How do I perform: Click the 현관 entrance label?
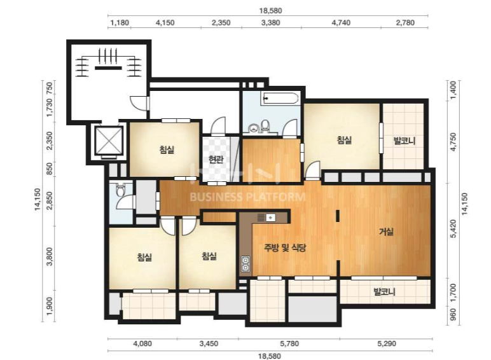click(x=216, y=160)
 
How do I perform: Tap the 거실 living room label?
click(x=386, y=232)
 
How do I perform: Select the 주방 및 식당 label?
click(x=285, y=248)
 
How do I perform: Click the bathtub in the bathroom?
click(x=280, y=99)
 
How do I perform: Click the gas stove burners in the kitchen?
click(x=246, y=263)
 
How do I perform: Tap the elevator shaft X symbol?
click(x=108, y=141)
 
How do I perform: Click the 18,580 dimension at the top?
click(x=270, y=11)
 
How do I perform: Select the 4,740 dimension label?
click(x=341, y=22)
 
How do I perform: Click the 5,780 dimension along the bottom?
click(x=289, y=343)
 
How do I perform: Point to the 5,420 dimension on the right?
click(x=453, y=229)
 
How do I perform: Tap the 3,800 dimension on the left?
click(x=49, y=257)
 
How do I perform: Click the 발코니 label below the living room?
click(x=385, y=292)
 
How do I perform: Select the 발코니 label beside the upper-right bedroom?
click(x=405, y=141)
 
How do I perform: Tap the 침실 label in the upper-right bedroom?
click(x=344, y=140)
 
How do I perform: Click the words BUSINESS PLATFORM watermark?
click(x=247, y=197)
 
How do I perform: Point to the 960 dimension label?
click(x=453, y=315)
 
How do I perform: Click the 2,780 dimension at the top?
click(x=405, y=22)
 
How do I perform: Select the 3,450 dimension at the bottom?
click(x=209, y=343)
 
